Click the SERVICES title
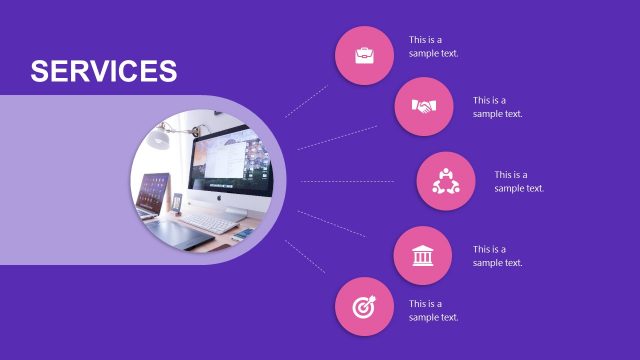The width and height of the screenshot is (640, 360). click(103, 71)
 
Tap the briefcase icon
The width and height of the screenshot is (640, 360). click(364, 54)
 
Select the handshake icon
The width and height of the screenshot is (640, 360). click(424, 106)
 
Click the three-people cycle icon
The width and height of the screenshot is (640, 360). click(445, 181)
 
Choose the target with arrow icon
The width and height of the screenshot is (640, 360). click(364, 306)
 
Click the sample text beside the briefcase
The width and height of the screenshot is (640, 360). click(433, 47)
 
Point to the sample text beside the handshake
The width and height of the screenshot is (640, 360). click(497, 107)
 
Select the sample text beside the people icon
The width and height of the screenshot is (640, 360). click(518, 181)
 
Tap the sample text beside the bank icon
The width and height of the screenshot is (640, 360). click(497, 256)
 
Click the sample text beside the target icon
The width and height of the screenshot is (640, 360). click(433, 310)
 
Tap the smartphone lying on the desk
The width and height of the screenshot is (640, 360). click(243, 234)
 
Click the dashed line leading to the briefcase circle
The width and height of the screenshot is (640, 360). click(306, 101)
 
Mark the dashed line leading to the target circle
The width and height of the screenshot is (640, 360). click(305, 256)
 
